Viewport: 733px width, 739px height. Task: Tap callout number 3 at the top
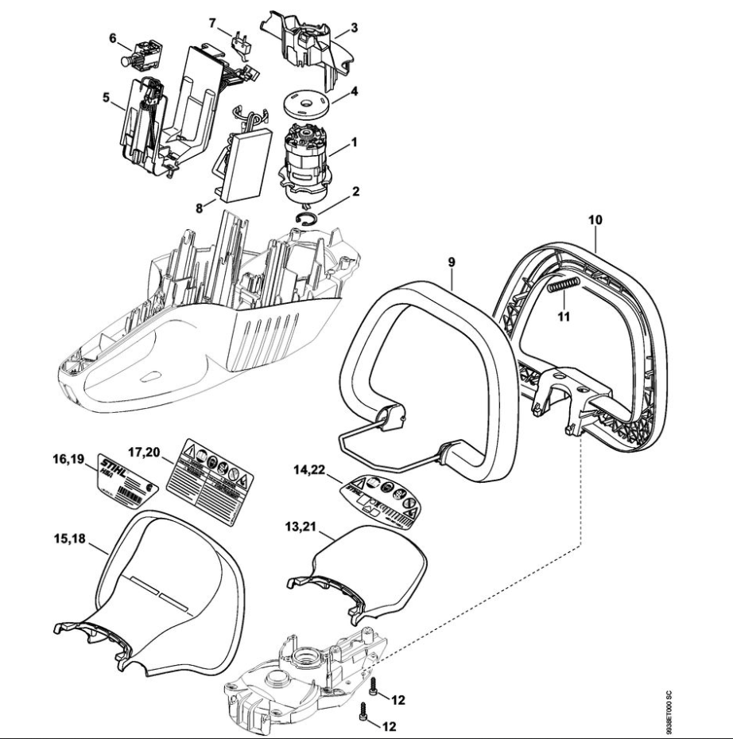click(x=355, y=27)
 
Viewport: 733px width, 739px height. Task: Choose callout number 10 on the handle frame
click(x=595, y=216)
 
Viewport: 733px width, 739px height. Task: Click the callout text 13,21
click(x=304, y=526)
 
